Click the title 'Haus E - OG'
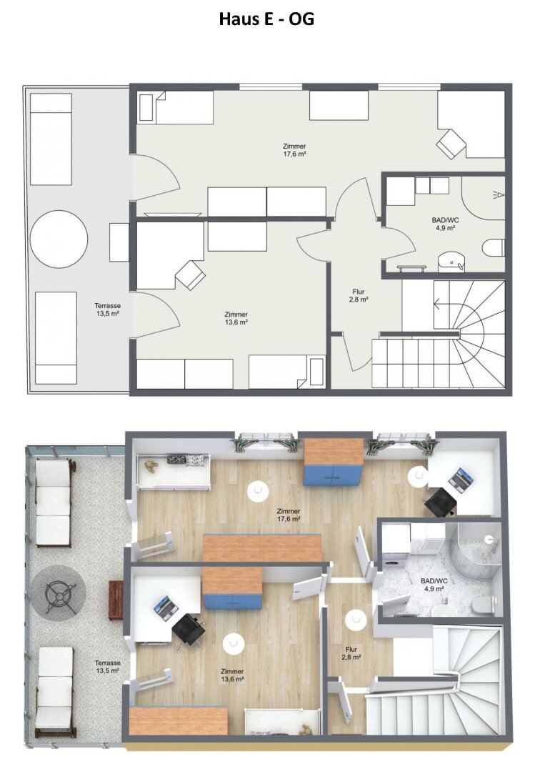pyautogui.click(x=266, y=19)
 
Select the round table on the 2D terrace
pyautogui.click(x=59, y=239)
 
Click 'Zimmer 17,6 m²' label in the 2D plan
pyautogui.click(x=294, y=149)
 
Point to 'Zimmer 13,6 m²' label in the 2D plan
pyautogui.click(x=236, y=318)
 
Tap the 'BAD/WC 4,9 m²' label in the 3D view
pyautogui.click(x=434, y=585)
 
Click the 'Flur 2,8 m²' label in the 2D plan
pyautogui.click(x=359, y=295)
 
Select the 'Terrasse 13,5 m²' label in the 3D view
pyautogui.click(x=108, y=667)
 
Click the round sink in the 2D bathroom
pyautogui.click(x=451, y=261)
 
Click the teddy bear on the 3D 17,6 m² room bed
pyautogui.click(x=149, y=465)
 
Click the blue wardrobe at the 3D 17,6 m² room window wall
pyautogui.click(x=333, y=462)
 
